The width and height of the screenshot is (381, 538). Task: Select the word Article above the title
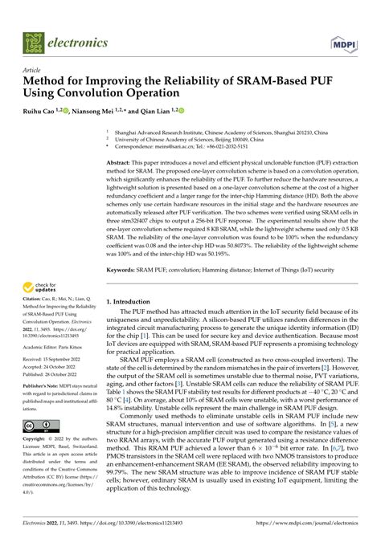point(35,71)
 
